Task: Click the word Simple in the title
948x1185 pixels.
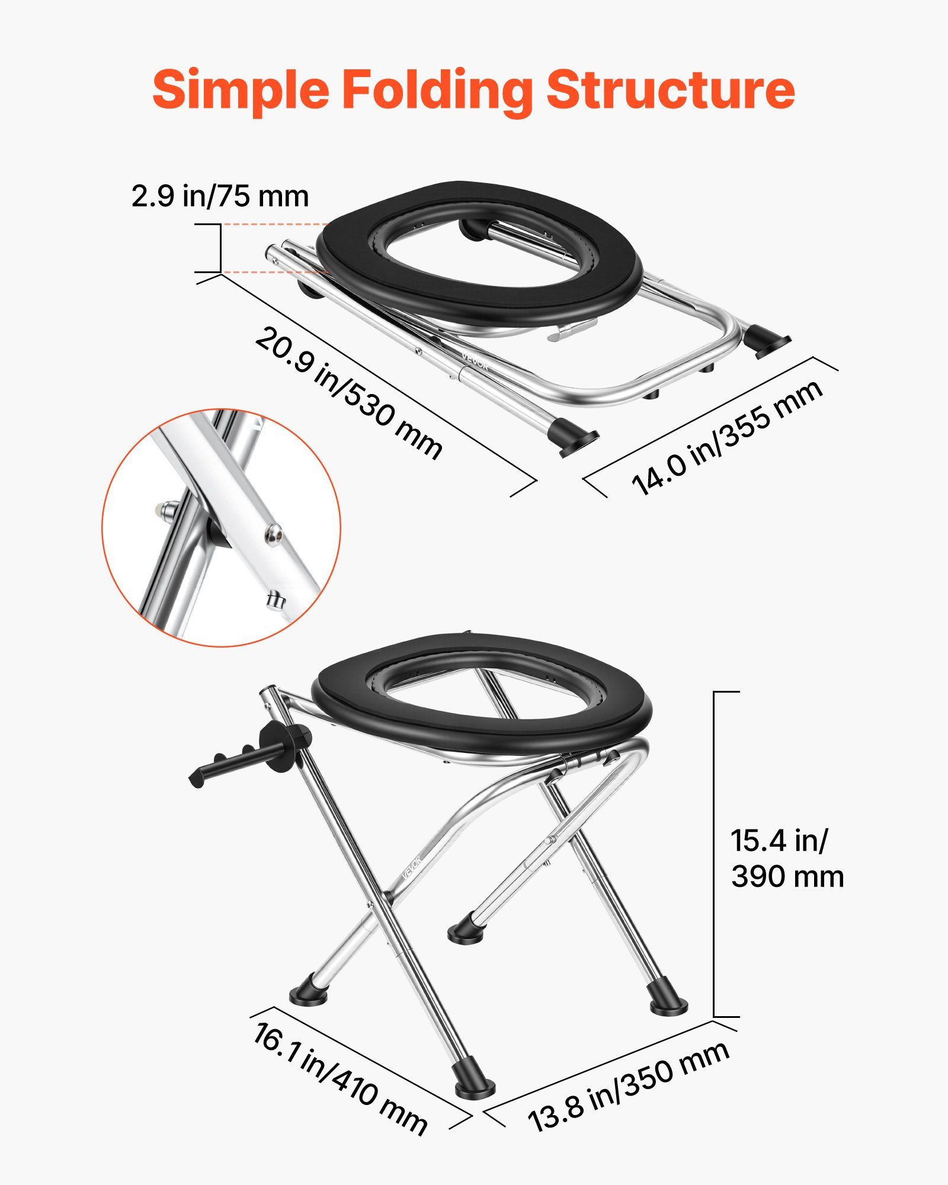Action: [240, 90]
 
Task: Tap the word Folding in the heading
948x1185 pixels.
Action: [437, 90]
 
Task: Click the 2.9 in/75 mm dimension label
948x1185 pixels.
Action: [220, 196]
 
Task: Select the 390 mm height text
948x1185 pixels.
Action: [787, 876]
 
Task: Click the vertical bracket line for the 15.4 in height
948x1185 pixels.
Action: [714, 853]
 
